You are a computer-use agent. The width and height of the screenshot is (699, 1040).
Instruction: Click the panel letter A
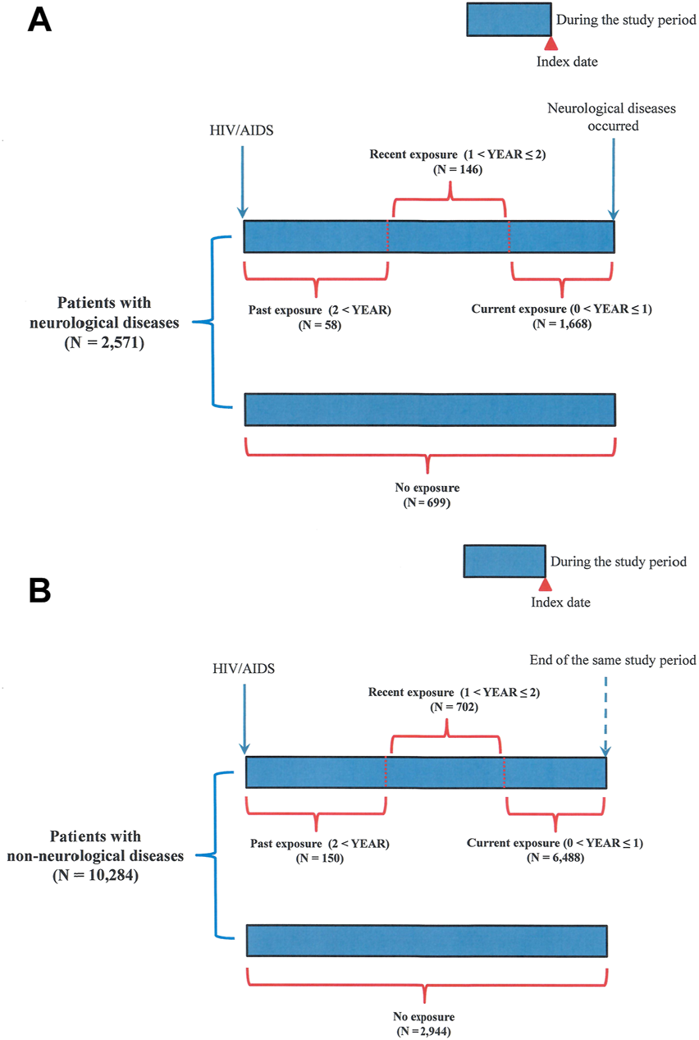point(39,20)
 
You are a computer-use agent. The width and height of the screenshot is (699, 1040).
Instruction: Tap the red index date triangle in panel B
point(544,584)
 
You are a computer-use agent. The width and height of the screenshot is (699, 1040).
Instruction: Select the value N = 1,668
point(562,324)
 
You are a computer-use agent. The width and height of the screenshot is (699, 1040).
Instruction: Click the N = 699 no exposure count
point(427,502)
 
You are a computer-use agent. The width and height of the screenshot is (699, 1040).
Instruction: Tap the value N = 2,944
point(422,1029)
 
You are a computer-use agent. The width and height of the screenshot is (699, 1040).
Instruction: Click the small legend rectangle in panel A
point(509,20)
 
